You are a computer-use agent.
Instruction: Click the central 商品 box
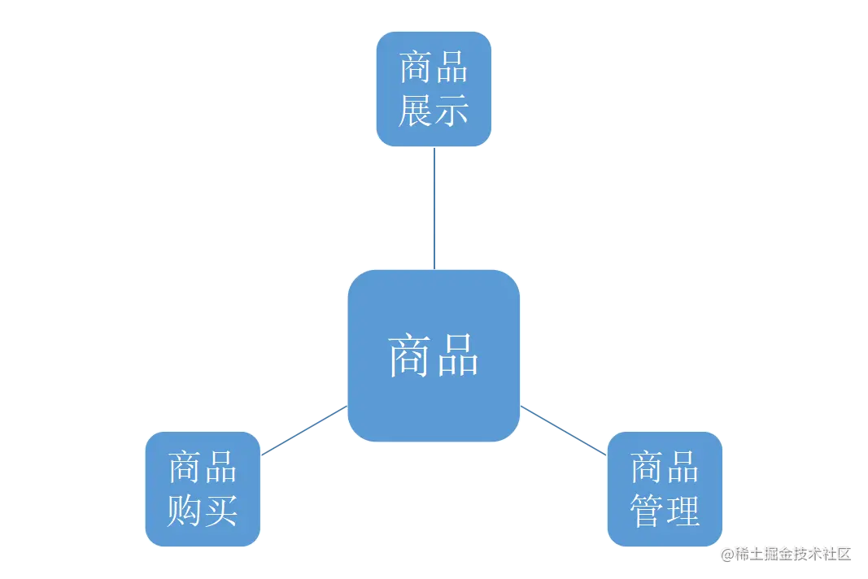tap(433, 355)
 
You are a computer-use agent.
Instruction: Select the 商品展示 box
tap(434, 89)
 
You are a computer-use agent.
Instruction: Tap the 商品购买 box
tap(202, 489)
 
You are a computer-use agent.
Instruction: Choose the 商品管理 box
tap(665, 489)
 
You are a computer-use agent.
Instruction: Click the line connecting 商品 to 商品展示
tap(434, 208)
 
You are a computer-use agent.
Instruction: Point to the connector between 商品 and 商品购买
tap(303, 430)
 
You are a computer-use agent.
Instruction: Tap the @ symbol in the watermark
tap(726, 553)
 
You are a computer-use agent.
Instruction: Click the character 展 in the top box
tap(415, 111)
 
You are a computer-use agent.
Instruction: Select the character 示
tap(451, 111)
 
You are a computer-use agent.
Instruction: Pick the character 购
tap(184, 510)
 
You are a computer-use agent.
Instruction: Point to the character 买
tap(220, 510)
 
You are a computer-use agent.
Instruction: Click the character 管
tap(647, 511)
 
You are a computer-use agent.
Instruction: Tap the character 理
tap(683, 511)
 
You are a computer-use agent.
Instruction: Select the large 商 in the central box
tap(409, 355)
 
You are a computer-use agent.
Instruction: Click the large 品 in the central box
tap(456, 355)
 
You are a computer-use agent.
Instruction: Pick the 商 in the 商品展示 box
tap(415, 68)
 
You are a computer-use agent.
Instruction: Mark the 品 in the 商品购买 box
tap(220, 468)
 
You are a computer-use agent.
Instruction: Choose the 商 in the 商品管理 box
tap(647, 468)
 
